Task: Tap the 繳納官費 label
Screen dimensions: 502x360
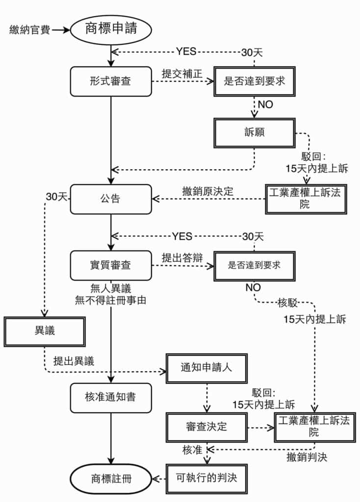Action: click(x=28, y=29)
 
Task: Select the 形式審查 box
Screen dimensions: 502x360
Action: click(x=111, y=81)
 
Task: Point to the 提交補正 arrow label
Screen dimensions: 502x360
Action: click(x=182, y=74)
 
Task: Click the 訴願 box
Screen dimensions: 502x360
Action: click(x=254, y=132)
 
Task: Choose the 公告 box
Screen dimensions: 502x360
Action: click(x=111, y=199)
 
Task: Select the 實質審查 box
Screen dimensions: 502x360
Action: click(x=111, y=265)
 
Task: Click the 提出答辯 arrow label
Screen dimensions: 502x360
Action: click(x=182, y=258)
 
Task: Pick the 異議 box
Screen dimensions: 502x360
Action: click(x=45, y=331)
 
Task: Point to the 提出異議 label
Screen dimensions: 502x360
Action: click(x=74, y=361)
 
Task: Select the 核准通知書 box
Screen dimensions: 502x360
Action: click(x=111, y=397)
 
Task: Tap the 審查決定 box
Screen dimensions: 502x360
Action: click(x=206, y=426)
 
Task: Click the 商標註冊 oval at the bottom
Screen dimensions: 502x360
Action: click(x=111, y=478)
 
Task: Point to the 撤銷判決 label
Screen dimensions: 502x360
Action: click(x=307, y=458)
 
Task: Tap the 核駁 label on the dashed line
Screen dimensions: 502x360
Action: click(x=288, y=302)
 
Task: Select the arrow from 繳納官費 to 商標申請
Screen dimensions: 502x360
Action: click(x=61, y=30)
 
